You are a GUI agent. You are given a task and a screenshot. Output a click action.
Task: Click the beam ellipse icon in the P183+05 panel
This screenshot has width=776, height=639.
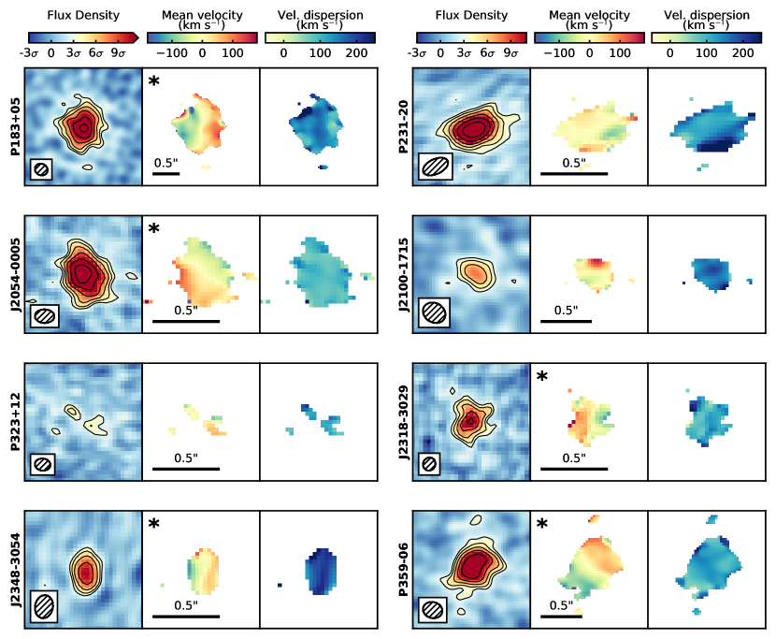(41, 169)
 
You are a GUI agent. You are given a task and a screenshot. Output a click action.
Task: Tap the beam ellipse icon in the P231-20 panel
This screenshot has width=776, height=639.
(435, 167)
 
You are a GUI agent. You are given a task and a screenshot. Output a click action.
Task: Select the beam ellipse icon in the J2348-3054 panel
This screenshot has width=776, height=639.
(45, 604)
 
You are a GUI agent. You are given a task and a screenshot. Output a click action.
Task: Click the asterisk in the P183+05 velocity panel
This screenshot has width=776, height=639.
(154, 82)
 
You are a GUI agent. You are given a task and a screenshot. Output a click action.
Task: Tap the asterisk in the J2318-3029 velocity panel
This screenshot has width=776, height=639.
(543, 377)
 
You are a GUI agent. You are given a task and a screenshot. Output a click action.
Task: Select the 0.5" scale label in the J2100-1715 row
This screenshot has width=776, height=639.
(565, 311)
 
